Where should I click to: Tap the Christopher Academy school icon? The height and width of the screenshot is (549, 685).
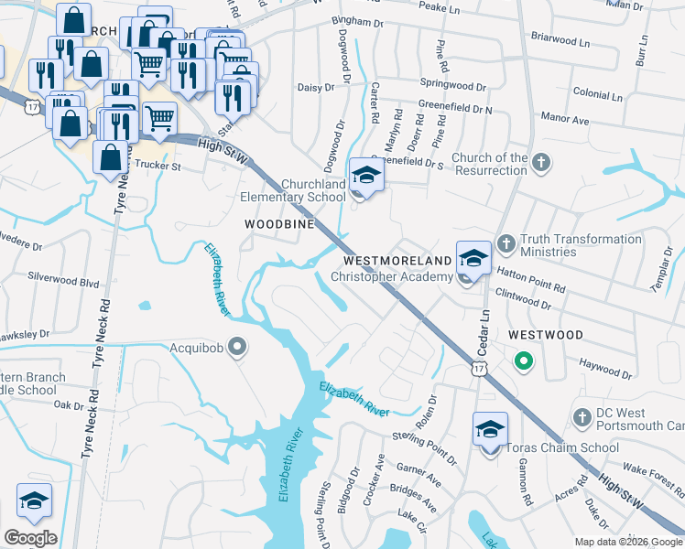point(473,258)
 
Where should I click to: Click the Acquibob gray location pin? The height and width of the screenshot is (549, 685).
point(238,347)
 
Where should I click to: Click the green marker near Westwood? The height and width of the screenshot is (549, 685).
point(524,361)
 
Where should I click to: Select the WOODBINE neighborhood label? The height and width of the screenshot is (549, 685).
point(279,224)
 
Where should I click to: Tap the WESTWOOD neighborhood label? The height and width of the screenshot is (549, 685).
point(545,336)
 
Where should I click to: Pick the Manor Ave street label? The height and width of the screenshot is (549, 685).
point(565,119)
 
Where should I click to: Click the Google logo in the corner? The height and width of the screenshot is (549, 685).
point(30,538)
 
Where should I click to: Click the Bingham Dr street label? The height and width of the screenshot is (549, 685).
point(358,20)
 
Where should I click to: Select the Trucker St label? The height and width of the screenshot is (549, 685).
point(158,167)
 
